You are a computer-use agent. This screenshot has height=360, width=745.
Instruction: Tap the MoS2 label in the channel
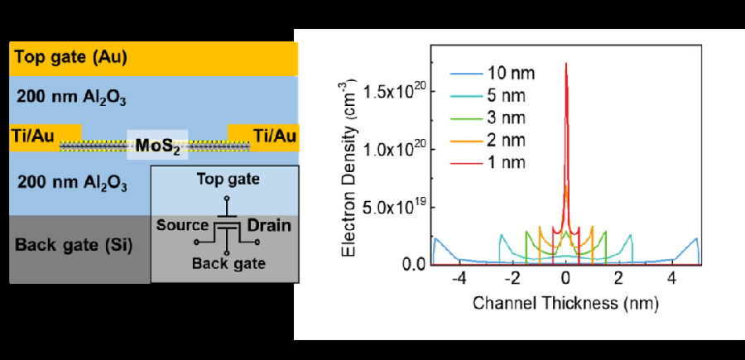click(x=157, y=147)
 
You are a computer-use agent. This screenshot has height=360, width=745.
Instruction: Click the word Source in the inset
click(x=181, y=224)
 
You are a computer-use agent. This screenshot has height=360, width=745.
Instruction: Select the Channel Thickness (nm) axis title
click(x=565, y=304)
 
